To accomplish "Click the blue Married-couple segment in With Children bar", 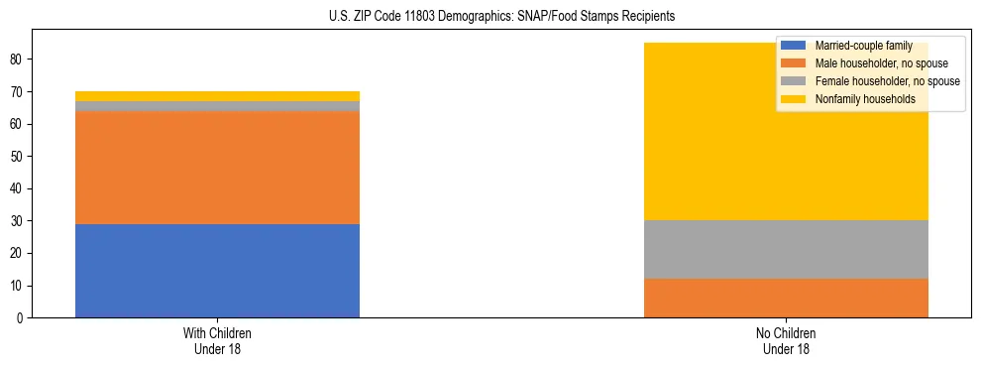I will [217, 271].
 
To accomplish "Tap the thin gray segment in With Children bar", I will [217, 106].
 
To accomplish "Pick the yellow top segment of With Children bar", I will [217, 96].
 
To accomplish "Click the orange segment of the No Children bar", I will [786, 299].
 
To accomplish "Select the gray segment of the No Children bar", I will [786, 250].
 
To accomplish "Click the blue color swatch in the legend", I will [793, 46].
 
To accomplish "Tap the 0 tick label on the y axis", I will [22, 318].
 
